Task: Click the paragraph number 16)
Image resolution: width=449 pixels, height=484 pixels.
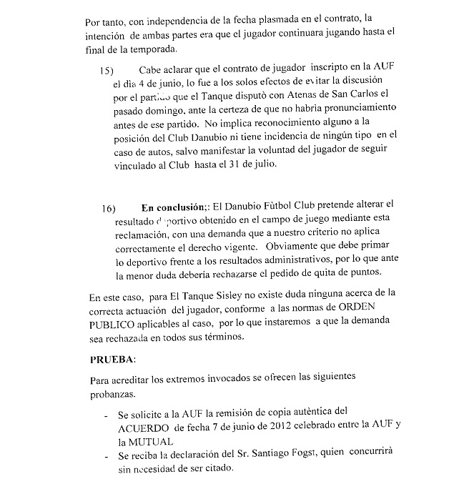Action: [109, 209]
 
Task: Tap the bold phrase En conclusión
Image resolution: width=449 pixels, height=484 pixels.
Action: [173, 208]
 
